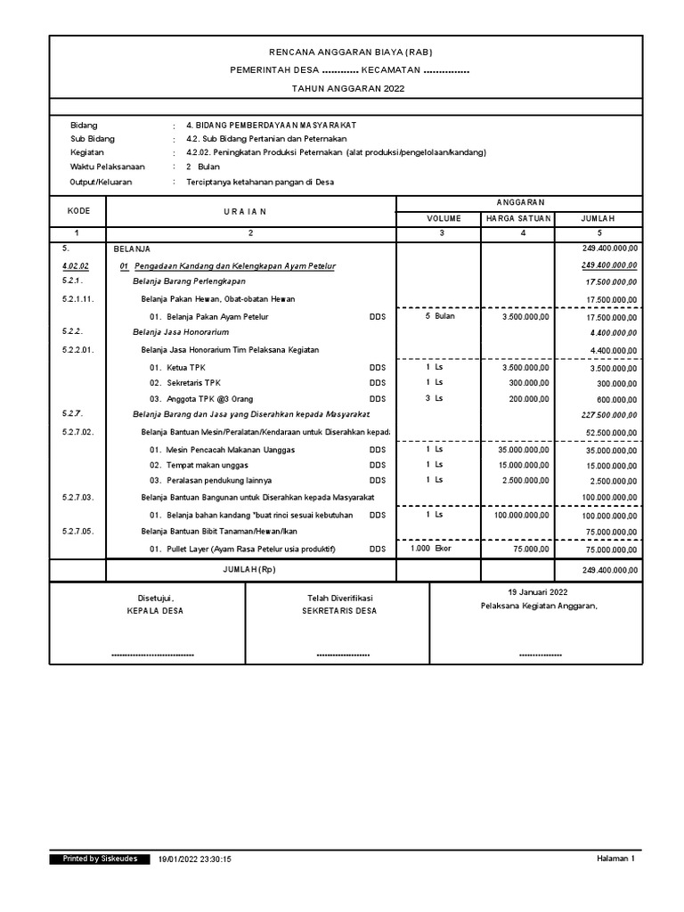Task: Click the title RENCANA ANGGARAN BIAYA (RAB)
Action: click(343, 53)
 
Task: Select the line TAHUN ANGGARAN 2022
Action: click(343, 89)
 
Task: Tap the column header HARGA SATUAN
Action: click(517, 218)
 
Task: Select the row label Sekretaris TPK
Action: click(192, 383)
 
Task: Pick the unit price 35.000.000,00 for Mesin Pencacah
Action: click(523, 450)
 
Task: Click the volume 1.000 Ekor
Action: click(431, 549)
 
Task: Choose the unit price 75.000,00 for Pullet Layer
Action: click(531, 550)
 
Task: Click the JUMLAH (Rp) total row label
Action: click(250, 570)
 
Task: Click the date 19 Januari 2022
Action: click(537, 592)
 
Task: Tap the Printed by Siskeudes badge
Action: click(99, 859)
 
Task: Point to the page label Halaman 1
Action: click(615, 859)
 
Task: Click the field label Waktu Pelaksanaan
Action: click(108, 167)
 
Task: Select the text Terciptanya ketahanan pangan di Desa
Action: click(260, 182)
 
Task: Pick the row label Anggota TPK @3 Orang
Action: click(202, 399)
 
